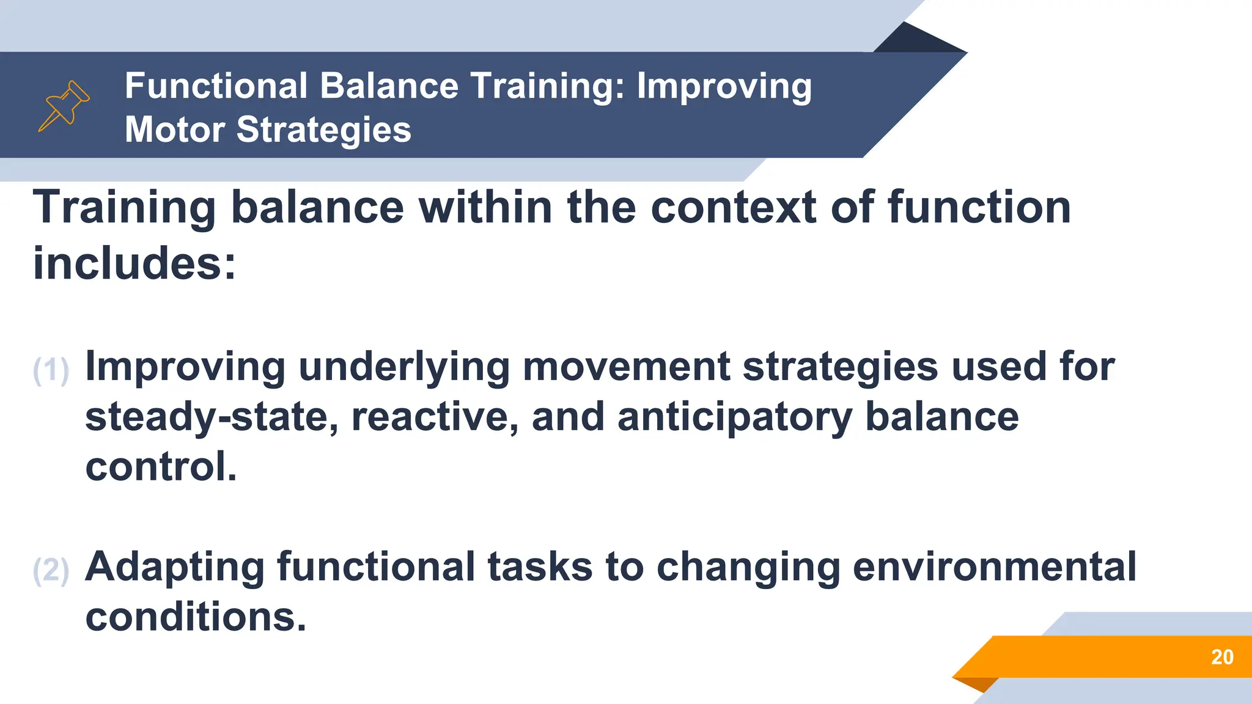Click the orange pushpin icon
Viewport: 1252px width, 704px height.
pos(64,105)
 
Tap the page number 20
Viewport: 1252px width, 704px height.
pos(1222,657)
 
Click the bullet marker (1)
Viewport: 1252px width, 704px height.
pos(51,370)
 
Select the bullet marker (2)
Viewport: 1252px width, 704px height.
pos(51,570)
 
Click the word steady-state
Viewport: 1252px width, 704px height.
pos(212,417)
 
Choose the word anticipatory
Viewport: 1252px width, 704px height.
pos(734,417)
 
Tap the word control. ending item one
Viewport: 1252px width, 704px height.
pos(160,467)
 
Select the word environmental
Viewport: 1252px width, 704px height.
pos(994,566)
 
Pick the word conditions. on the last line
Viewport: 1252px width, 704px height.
pos(195,617)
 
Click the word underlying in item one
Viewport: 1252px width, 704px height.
pos(404,367)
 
